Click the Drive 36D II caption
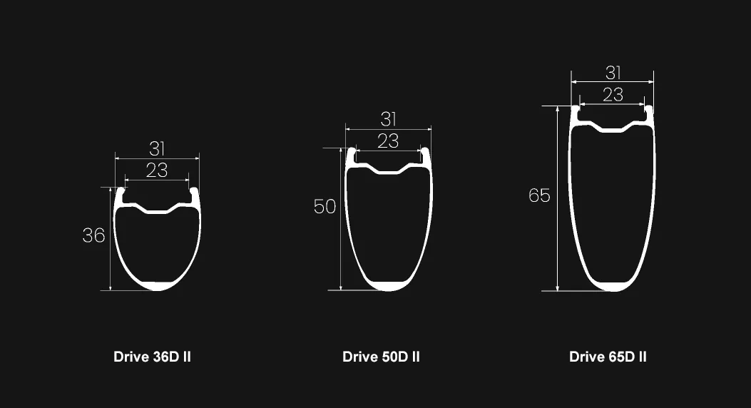click(152, 357)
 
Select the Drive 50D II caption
click(381, 357)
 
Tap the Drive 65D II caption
click(608, 357)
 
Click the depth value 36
click(93, 236)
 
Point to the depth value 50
click(325, 207)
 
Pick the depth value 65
click(539, 195)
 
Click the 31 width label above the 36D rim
click(157, 149)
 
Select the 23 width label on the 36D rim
click(157, 170)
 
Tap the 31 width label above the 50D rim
click(388, 120)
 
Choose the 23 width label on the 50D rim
click(388, 141)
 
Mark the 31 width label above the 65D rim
click(613, 73)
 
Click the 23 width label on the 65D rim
click(613, 94)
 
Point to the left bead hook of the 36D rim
click(120, 193)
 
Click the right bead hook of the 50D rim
click(426, 154)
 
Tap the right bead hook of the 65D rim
click(648, 111)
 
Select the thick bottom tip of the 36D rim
click(158, 287)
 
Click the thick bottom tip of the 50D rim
click(389, 287)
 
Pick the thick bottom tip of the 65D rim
click(613, 287)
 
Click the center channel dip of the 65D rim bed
click(613, 130)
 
